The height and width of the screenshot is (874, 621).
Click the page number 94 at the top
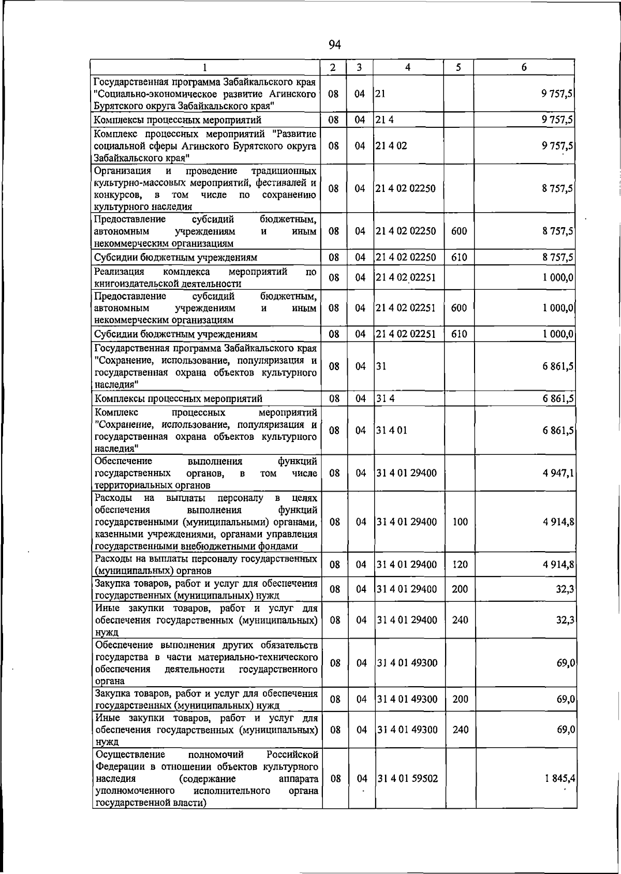[x=334, y=45]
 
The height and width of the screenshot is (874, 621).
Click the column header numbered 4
[x=408, y=67]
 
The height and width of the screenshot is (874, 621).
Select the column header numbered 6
[x=524, y=67]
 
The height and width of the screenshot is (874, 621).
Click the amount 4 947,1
[x=558, y=473]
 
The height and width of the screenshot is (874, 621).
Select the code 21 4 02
[x=392, y=146]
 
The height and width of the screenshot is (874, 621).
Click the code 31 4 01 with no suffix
[x=392, y=431]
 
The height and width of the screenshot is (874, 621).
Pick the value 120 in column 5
[x=460, y=565]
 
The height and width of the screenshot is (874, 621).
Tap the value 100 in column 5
[x=460, y=522]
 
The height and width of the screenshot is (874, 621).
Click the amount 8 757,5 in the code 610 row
[x=558, y=257]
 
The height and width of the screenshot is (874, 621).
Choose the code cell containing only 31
[x=381, y=366]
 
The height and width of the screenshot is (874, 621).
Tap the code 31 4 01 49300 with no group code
[x=407, y=663]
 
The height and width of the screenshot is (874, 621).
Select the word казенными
[x=116, y=534]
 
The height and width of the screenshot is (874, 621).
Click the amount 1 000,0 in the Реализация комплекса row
[x=558, y=278]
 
